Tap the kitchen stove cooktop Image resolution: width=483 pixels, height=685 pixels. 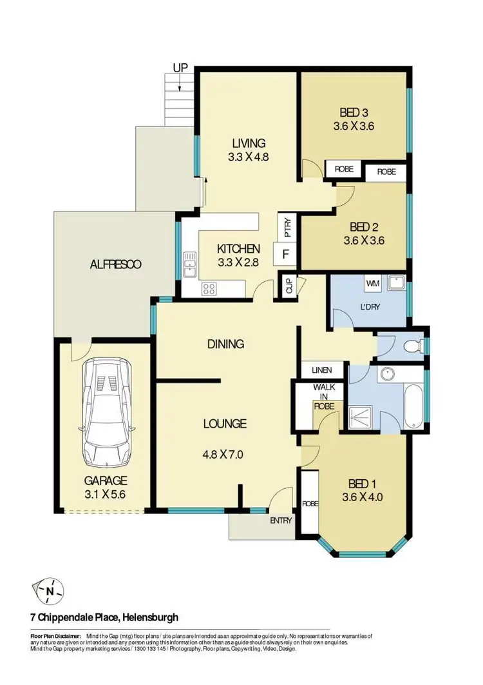[x=209, y=288]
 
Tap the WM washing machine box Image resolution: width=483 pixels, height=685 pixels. [x=372, y=283]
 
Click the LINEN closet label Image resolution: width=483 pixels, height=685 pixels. [x=321, y=370]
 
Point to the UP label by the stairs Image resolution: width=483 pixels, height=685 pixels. [x=180, y=66]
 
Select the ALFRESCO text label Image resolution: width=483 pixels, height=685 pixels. [x=116, y=264]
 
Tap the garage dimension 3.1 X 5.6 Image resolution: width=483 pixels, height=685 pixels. [x=106, y=495]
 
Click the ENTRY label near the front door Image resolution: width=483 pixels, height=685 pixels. [x=281, y=521]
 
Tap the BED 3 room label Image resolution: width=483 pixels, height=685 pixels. [x=353, y=112]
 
